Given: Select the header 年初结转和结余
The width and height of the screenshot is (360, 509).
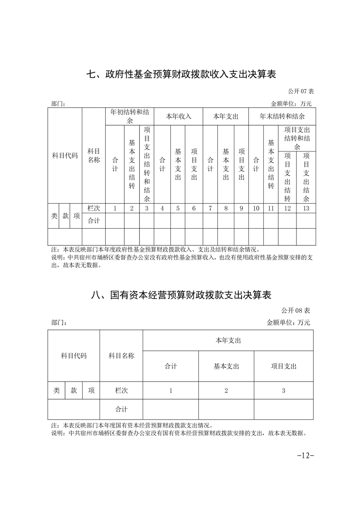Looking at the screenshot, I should point(129,116).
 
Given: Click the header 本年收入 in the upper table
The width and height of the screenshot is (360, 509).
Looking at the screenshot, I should point(178,116).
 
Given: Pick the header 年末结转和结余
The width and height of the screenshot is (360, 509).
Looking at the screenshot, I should point(281,116).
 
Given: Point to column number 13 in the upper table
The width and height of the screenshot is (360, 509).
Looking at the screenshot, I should point(306,208).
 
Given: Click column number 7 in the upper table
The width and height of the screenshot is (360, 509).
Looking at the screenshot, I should point(210,208).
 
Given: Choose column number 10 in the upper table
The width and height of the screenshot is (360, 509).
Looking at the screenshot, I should point(256,208).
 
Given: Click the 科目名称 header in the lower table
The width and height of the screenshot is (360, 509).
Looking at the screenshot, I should point(121,356).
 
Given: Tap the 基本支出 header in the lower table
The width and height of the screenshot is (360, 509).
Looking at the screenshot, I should point(226,366).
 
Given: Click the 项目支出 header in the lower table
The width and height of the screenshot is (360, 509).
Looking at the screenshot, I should point(283,366).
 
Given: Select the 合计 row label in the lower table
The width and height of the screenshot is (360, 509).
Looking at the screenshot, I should point(121,409).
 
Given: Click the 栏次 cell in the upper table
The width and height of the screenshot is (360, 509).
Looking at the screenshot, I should point(94,208).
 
